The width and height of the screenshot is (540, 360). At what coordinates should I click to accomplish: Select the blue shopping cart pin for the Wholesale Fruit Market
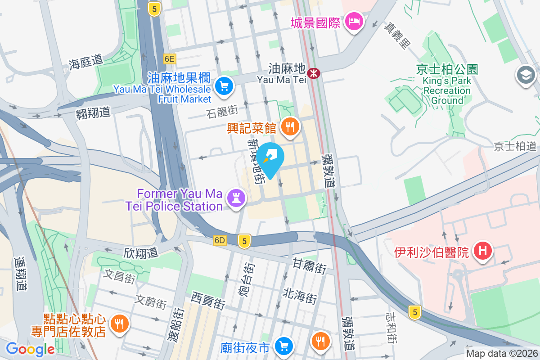coord(224,85)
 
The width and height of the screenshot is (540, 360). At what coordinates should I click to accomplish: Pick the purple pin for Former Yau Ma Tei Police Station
coord(235,198)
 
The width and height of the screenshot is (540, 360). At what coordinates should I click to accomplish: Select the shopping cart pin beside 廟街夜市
coord(283,346)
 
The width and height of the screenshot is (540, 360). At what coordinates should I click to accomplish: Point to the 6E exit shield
coord(170,58)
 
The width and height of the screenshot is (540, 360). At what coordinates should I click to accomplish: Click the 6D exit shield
coord(220,240)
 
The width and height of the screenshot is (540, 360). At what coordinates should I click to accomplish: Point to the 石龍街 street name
coord(222,110)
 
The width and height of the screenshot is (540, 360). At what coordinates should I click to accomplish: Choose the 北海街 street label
coord(300,296)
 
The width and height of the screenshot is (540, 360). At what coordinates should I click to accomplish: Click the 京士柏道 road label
coord(515,146)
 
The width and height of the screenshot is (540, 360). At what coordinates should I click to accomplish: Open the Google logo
coord(30,349)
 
